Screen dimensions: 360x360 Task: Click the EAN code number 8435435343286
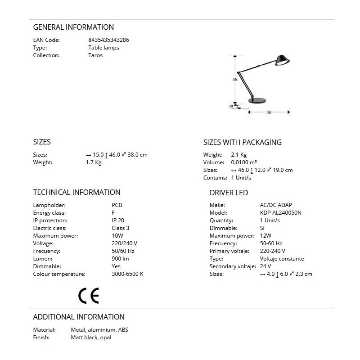108,40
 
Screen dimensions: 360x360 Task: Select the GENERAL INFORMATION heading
73,27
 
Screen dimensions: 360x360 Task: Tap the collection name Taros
95,55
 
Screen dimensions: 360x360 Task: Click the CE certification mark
88,295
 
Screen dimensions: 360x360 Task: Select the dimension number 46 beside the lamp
234,80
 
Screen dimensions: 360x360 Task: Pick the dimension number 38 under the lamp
269,112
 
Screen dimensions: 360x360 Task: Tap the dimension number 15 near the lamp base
231,107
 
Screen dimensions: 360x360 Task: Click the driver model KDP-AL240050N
281,213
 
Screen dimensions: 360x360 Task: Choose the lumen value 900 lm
120,259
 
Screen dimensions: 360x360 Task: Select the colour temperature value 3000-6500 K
127,274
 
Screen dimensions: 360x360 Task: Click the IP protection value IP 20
118,220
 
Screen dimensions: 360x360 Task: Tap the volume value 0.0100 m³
244,162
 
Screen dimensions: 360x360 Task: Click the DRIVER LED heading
229,193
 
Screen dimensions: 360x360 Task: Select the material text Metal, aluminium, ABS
99,330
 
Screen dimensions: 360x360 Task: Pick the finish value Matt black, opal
91,337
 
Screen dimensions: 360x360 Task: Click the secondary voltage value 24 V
265,266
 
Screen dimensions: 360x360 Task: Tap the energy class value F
113,213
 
